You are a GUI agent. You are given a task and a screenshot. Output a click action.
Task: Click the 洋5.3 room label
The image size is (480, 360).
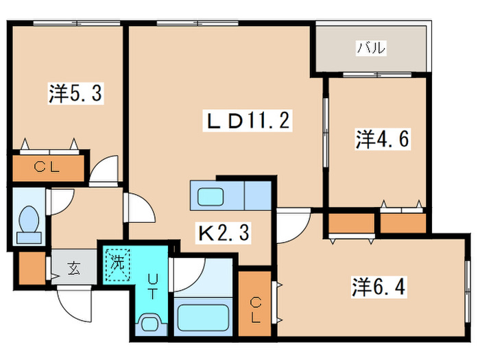[x=75, y=93]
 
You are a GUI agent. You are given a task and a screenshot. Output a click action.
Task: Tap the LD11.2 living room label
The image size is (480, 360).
[x=248, y=120]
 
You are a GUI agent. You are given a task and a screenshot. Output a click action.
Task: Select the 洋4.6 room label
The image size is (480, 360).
[x=383, y=139]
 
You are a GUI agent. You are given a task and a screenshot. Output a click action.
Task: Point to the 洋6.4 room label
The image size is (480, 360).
[x=379, y=287]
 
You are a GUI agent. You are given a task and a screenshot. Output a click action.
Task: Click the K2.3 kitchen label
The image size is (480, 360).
[x=224, y=232]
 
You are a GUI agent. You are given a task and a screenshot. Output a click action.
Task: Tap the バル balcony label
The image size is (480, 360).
[x=372, y=48]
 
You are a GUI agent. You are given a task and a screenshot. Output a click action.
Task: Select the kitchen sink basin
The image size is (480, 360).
[x=211, y=197]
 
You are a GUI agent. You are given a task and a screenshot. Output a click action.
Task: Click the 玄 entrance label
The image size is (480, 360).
[x=74, y=268]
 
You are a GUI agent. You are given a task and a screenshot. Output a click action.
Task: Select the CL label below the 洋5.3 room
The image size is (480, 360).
[x=47, y=167]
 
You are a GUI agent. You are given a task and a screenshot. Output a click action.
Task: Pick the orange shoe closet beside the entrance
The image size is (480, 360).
[x=32, y=269]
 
